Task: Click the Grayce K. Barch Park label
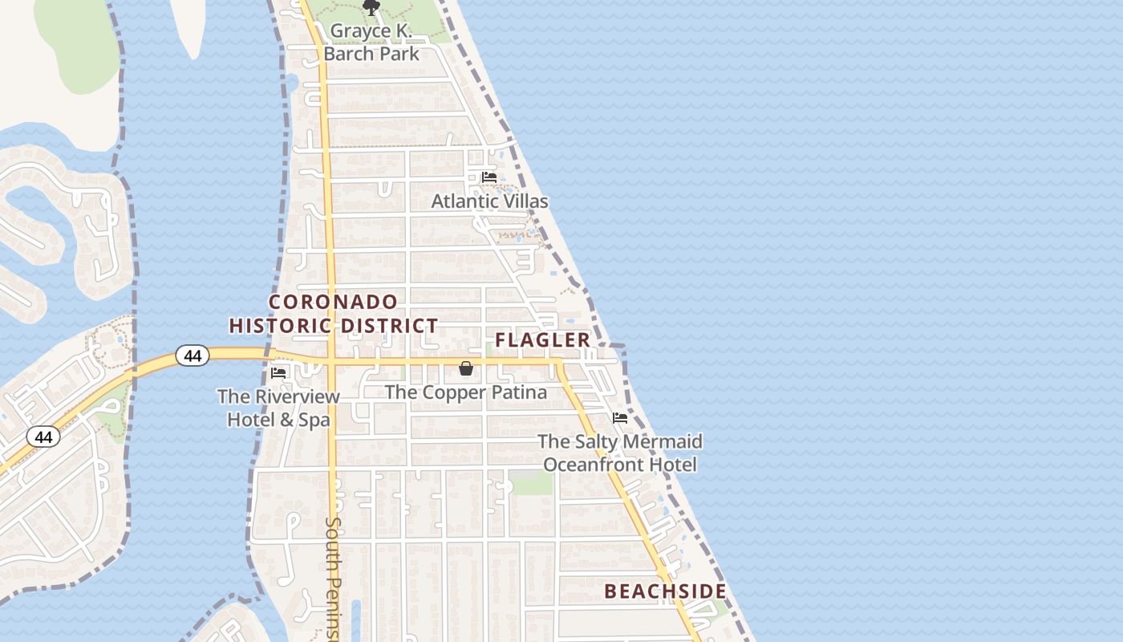coord(371,43)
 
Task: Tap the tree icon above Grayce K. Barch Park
coord(371,8)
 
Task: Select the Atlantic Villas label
coord(489,201)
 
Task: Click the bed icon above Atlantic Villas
coord(489,177)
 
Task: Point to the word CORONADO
coord(333,303)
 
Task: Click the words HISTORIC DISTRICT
coord(334,326)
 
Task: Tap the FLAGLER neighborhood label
coord(542,340)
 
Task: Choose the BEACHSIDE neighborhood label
coord(665,592)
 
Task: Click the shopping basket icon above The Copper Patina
coord(466,368)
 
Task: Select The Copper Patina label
coord(466,392)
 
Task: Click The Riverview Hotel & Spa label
coord(278,408)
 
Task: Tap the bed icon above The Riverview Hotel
coord(278,373)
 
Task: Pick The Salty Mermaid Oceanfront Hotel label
coord(619,453)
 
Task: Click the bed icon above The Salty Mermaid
coord(620,418)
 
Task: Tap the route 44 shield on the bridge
coord(193,356)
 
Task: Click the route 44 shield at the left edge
coord(43,437)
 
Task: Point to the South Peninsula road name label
coord(334,578)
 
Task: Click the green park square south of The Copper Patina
coord(532,484)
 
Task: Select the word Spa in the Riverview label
coord(314,420)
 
